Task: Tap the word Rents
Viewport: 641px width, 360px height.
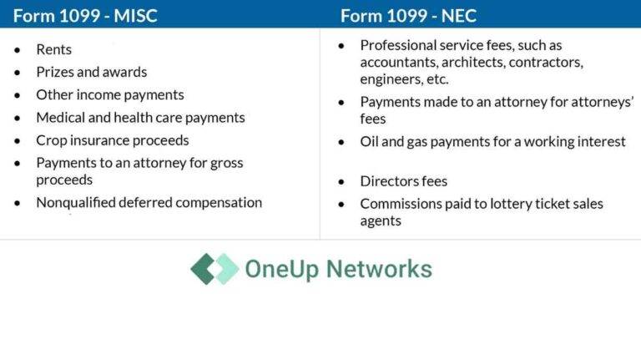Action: pos(54,50)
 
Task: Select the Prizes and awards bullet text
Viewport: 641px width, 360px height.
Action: pos(91,72)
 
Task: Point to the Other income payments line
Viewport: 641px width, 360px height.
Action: pos(110,94)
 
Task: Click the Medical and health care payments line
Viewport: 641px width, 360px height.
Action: pos(140,118)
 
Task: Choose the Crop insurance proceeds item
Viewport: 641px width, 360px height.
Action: pos(113,140)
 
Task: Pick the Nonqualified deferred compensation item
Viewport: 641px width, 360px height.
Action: pos(149,202)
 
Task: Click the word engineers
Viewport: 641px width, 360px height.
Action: pos(391,79)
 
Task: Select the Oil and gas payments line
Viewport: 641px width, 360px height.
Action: pos(492,141)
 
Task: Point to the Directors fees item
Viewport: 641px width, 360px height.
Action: pos(404,181)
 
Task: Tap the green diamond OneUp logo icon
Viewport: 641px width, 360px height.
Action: pos(214,269)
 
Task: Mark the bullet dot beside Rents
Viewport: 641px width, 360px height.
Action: pos(18,50)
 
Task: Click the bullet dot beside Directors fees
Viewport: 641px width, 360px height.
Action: pos(341,181)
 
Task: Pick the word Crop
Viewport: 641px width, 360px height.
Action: pos(50,140)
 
